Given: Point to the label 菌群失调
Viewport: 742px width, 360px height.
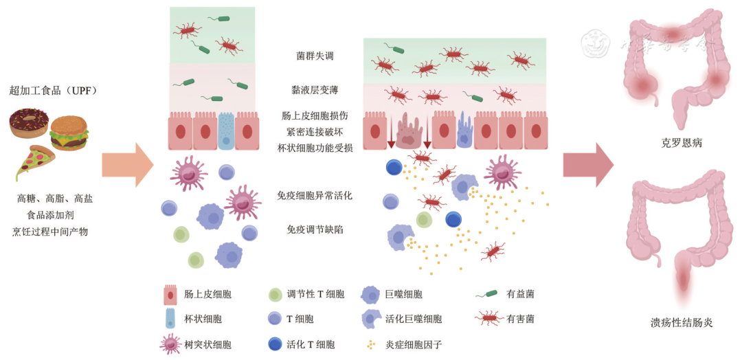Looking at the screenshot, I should [x=315, y=56].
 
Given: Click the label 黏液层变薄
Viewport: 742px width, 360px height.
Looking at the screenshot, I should [x=315, y=90].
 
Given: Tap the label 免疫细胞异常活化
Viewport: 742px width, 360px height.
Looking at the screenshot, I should [x=315, y=196].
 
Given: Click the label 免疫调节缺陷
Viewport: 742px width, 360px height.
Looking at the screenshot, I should [x=315, y=229].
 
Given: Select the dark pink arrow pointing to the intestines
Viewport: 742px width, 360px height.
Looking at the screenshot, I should [x=588, y=165].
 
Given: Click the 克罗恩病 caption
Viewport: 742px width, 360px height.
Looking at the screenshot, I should [x=678, y=144].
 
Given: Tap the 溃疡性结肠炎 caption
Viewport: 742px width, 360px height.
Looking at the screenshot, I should [x=678, y=322].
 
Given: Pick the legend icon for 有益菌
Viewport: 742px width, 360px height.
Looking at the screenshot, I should [x=486, y=295].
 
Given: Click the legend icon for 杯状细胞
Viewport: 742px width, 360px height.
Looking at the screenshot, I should [x=169, y=318].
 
